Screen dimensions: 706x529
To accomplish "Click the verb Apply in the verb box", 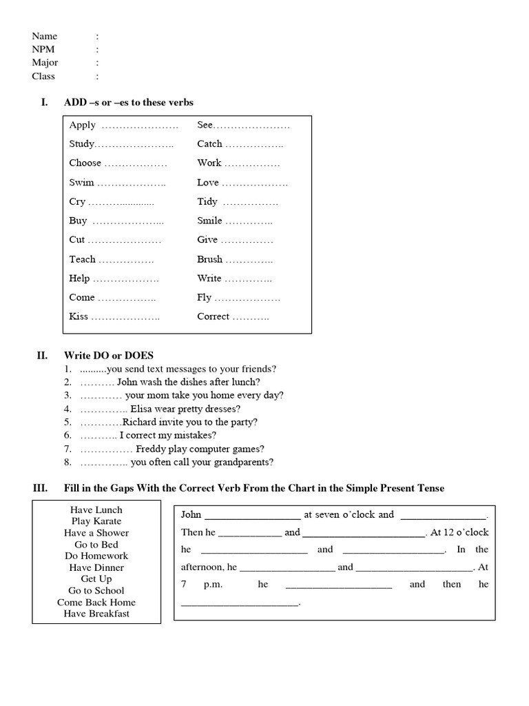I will [x=82, y=125].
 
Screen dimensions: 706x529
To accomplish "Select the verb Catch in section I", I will [x=209, y=144].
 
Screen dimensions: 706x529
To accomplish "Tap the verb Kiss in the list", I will [x=79, y=316].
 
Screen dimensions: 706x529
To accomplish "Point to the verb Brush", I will [x=209, y=259].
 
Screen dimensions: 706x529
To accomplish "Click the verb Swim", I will [x=81, y=183].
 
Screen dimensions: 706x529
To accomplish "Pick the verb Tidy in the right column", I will [x=207, y=202].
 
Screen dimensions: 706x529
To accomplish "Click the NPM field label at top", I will [x=44, y=50].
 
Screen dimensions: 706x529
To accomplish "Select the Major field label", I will [x=45, y=63].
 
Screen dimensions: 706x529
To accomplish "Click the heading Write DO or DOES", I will [x=109, y=356].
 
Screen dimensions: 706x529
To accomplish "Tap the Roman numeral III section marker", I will [x=40, y=488].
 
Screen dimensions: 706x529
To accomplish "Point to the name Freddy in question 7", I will [x=151, y=449].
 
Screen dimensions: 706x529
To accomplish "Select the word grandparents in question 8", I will [x=241, y=462].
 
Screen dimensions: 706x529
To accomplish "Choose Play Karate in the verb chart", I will [x=96, y=521].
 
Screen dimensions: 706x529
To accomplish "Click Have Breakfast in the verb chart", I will [x=96, y=614].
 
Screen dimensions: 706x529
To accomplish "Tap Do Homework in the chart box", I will [x=96, y=556].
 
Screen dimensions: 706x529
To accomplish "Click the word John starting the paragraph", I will [x=191, y=514].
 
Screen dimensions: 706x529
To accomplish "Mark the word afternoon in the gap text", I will [x=201, y=567].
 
